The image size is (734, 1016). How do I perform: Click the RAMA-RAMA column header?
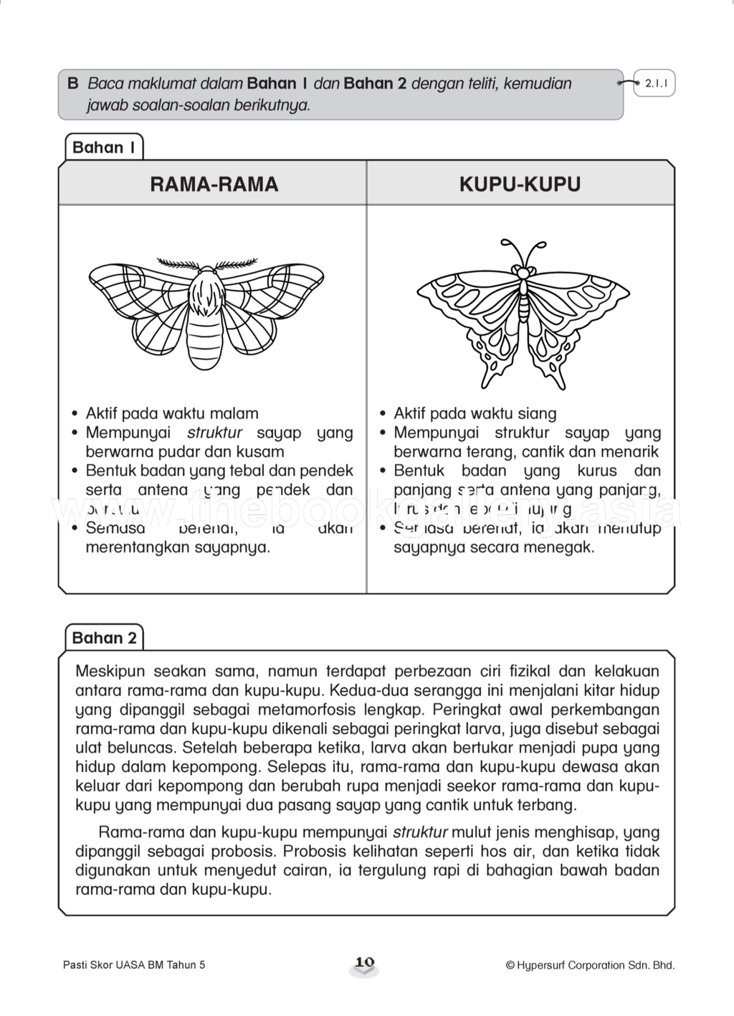214,184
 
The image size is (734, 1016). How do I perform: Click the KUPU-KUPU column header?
520,184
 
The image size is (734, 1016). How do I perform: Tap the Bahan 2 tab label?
104,638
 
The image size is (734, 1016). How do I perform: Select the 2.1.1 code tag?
656,84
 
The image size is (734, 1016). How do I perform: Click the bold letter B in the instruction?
72,83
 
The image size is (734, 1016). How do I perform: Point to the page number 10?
365,962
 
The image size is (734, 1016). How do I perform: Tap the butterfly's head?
523,273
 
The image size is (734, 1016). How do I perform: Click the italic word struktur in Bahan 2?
420,832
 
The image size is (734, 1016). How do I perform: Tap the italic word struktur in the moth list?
214,433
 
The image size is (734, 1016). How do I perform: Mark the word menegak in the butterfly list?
564,547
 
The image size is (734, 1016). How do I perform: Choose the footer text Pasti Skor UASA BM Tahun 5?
134,965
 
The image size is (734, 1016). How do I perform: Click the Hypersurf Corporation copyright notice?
590,965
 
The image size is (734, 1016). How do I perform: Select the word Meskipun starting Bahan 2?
110,672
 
